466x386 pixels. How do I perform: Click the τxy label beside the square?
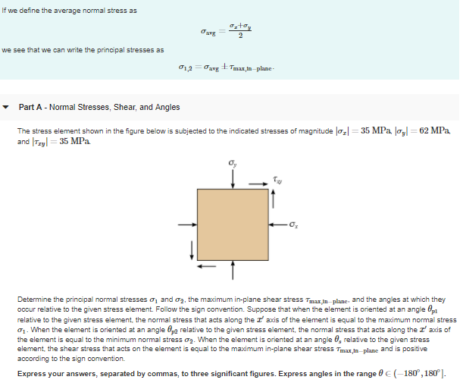[x=278, y=181]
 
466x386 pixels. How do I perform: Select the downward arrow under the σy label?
[x=233, y=176]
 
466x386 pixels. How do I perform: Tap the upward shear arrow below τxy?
[x=274, y=199]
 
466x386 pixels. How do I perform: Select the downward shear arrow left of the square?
[x=192, y=249]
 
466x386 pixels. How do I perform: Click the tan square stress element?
[x=233, y=224]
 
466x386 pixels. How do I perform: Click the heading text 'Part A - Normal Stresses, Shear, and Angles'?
[x=99, y=107]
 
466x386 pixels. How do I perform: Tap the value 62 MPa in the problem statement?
[x=433, y=130]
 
